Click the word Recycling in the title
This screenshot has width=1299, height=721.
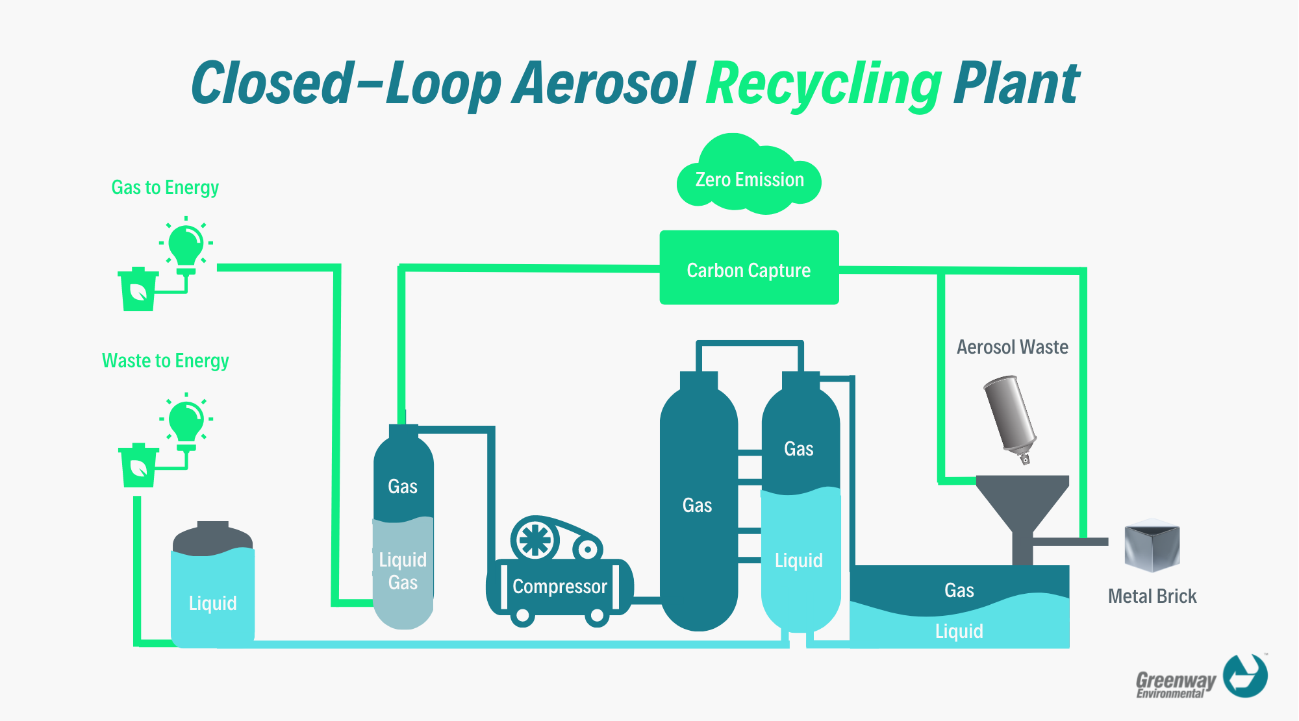(823, 84)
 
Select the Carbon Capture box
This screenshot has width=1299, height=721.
(749, 268)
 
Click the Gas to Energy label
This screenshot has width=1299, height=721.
(165, 188)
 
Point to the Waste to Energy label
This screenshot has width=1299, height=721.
(165, 361)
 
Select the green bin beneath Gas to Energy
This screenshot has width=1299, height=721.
(138, 290)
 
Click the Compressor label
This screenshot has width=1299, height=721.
(559, 587)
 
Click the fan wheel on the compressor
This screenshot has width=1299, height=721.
(535, 539)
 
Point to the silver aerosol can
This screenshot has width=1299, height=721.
(1010, 415)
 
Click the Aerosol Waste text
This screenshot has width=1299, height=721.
(1012, 347)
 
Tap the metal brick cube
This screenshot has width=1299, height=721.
(1152, 546)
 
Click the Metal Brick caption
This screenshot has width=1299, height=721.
(1152, 596)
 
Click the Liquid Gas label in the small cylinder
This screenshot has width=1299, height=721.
(403, 571)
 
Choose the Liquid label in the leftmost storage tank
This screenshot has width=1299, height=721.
(212, 604)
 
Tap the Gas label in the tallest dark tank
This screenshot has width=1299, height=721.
(697, 506)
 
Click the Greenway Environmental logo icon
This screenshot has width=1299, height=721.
(1244, 676)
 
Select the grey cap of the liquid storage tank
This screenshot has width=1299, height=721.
(212, 539)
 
